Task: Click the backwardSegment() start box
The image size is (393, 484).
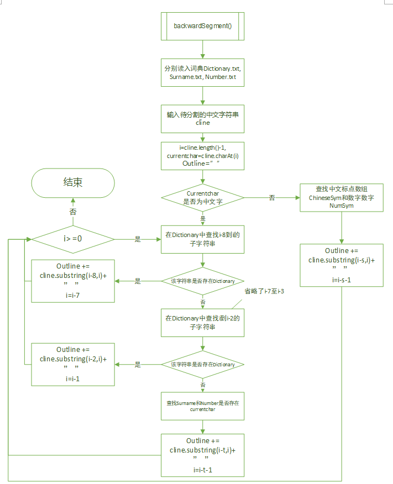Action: click(202, 25)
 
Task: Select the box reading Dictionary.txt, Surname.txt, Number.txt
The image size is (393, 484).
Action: click(202, 72)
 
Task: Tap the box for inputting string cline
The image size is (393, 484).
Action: click(202, 119)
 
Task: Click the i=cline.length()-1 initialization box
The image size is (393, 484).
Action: click(202, 156)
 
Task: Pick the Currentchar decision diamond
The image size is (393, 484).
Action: click(202, 198)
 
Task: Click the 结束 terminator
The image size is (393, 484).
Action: click(73, 183)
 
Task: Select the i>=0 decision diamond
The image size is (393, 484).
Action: click(73, 240)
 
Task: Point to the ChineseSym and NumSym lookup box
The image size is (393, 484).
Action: click(342, 198)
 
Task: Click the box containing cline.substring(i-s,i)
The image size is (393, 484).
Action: click(342, 265)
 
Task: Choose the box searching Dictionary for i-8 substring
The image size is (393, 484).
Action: click(202, 239)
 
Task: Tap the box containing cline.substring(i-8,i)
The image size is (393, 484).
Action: click(73, 281)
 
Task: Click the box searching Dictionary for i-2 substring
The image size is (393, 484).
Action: click(202, 322)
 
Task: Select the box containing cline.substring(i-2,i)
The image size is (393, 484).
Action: click(73, 364)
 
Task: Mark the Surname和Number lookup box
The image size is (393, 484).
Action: click(202, 406)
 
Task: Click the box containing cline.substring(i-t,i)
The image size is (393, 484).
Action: click(202, 455)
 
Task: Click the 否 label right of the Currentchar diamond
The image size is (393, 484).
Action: click(271, 198)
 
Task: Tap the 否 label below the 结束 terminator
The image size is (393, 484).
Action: click(73, 212)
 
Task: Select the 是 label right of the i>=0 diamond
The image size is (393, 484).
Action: click(138, 240)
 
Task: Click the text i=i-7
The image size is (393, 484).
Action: click(73, 296)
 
